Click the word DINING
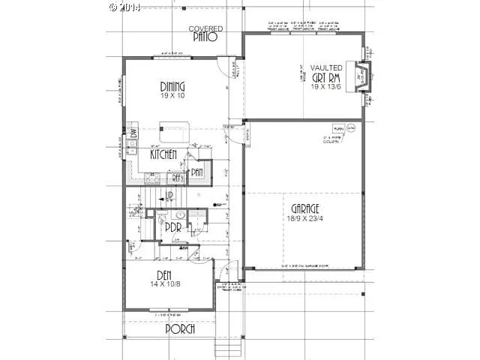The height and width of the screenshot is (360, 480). [172, 85]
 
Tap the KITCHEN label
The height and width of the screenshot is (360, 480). [163, 154]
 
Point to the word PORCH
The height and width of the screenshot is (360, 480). [180, 329]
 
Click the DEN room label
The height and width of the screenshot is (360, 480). [166, 274]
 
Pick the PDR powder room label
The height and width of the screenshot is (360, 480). [174, 226]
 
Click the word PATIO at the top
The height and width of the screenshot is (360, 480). [205, 36]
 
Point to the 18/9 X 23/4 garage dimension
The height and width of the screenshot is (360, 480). [304, 217]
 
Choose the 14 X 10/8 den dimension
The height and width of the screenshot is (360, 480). [166, 285]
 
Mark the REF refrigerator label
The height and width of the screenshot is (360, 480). [177, 178]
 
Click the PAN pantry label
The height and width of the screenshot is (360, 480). [196, 172]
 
